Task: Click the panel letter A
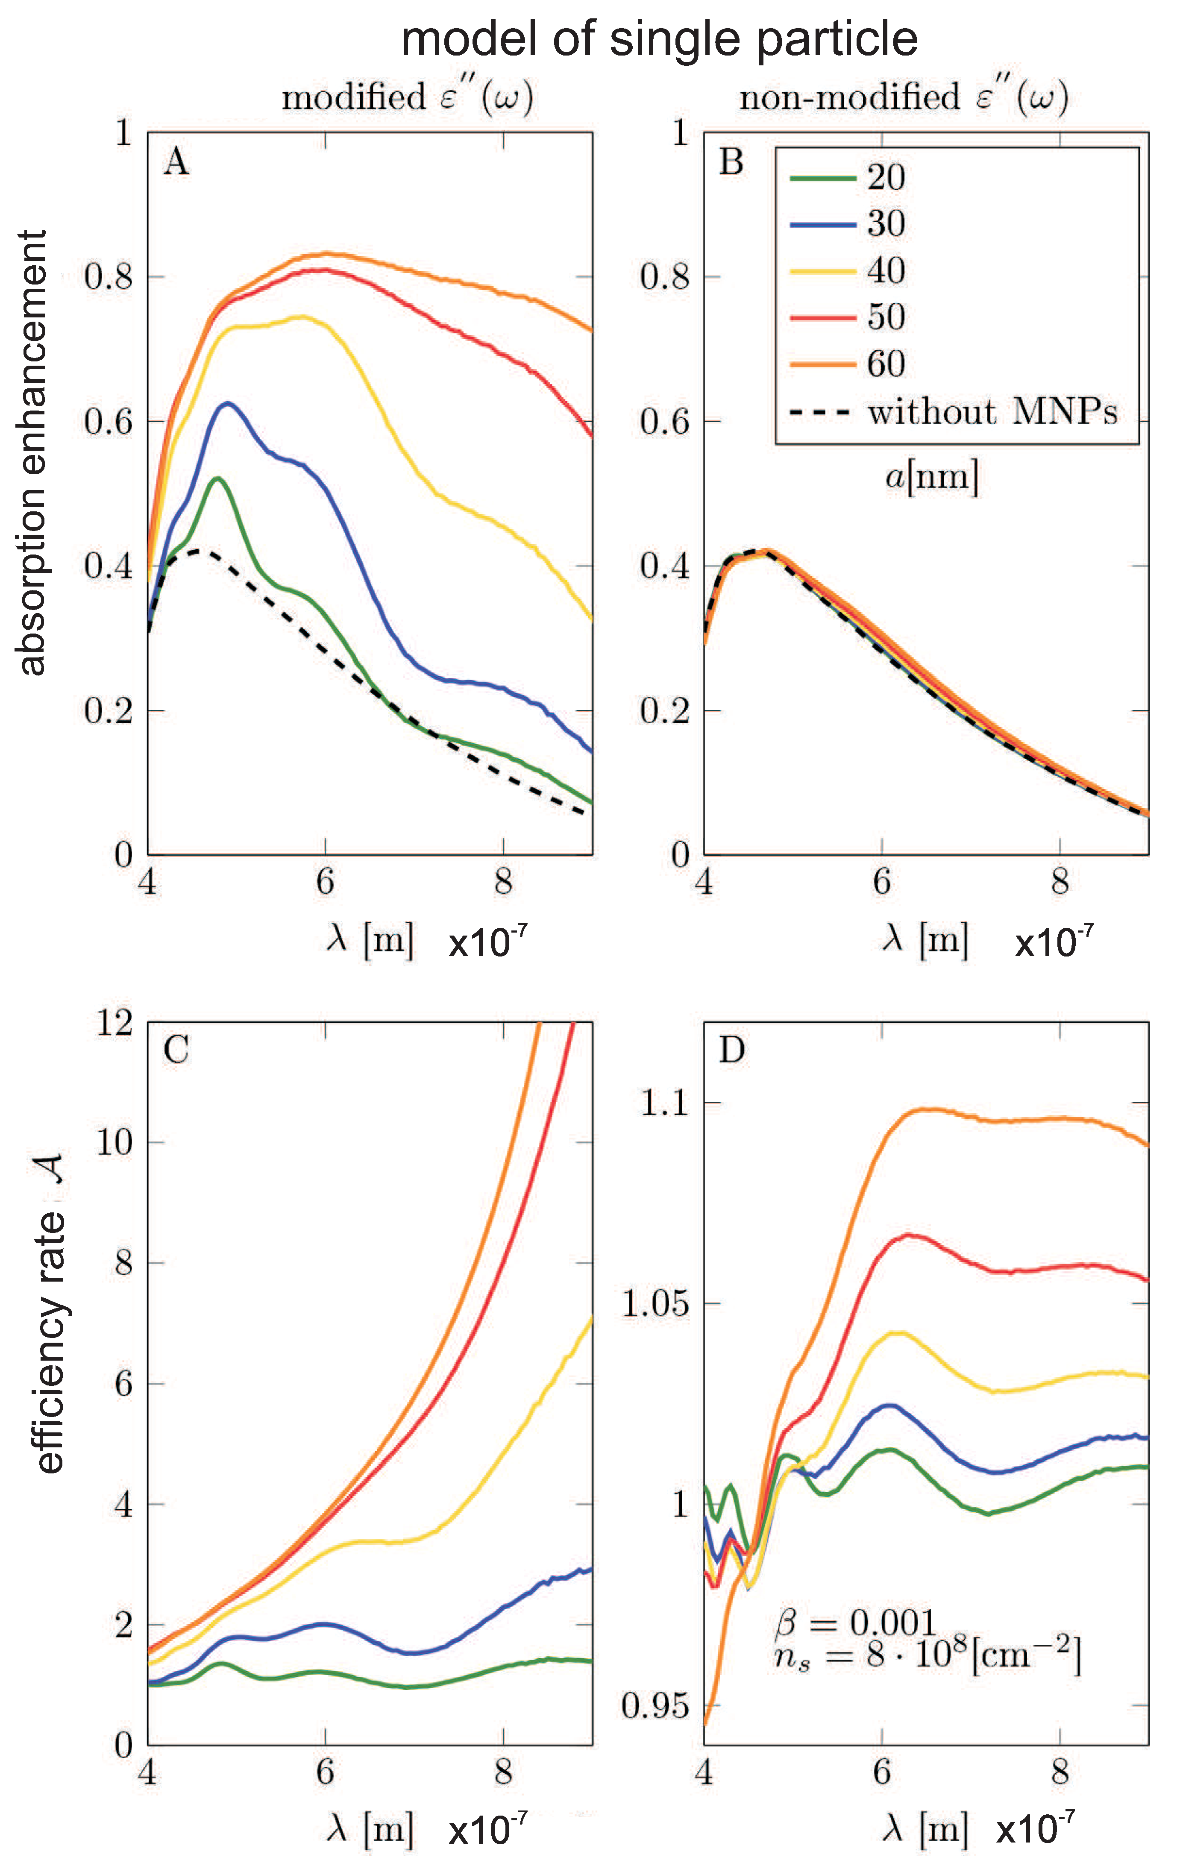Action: pos(176,163)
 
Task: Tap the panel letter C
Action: pos(176,1050)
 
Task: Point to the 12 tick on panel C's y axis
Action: pos(115,1023)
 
